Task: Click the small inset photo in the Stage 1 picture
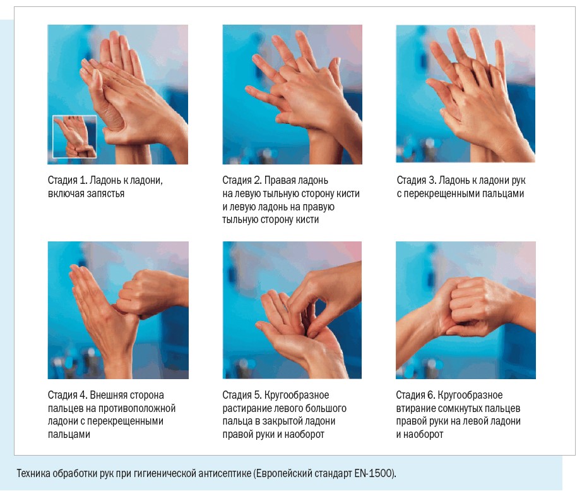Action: (74, 136)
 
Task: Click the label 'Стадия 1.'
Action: (68, 180)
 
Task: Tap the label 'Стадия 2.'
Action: (242, 180)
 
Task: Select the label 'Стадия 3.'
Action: (417, 180)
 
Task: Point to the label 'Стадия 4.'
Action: (68, 395)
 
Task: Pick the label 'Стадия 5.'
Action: (242, 395)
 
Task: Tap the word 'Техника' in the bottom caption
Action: (33, 473)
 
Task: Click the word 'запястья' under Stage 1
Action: (105, 193)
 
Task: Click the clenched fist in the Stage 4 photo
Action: (148, 294)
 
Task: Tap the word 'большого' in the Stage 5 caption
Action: (328, 408)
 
